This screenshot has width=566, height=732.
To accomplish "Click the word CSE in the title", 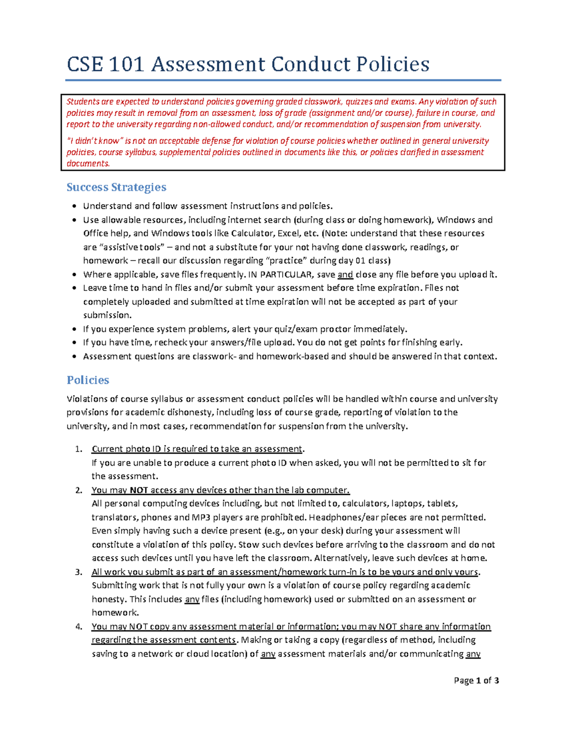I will click(x=85, y=64).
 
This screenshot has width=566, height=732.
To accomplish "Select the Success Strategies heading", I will click(x=116, y=187).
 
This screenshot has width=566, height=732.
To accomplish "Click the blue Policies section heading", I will click(x=88, y=380).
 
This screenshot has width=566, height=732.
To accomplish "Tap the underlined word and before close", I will click(x=345, y=274).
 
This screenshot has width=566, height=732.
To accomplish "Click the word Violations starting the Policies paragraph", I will click(x=87, y=399).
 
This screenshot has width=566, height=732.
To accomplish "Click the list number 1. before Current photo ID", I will click(x=79, y=449).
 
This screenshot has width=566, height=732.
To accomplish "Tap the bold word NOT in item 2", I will click(x=139, y=490).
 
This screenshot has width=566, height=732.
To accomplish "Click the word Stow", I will click(x=248, y=545).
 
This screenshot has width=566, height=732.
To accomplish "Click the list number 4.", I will click(x=79, y=626).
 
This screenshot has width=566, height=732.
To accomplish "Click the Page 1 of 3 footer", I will click(x=476, y=680).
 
